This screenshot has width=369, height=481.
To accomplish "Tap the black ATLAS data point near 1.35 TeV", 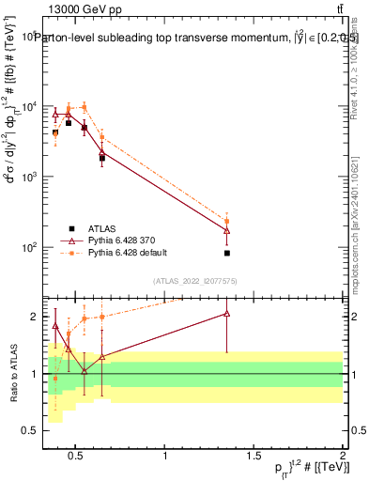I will click(227, 253).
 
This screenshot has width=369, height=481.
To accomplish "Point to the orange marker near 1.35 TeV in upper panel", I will click(227, 222).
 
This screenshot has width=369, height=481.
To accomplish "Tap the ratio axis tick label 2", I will click(36, 317).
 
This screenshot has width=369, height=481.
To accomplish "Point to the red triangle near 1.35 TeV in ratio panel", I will click(227, 314).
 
